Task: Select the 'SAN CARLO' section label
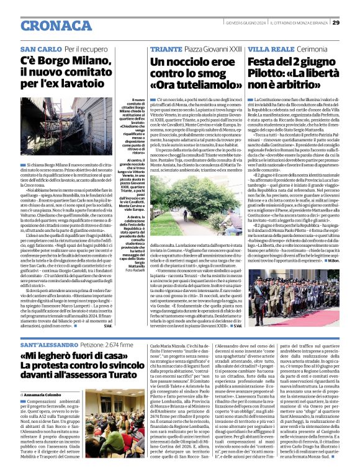tap(41, 48)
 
